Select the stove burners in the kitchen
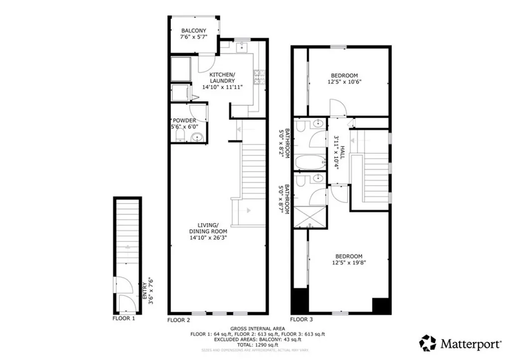(x=259, y=77)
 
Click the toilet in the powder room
(x=179, y=136)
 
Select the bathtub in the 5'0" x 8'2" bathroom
(x=309, y=163)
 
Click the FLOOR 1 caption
(x=124, y=318)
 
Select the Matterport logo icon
(x=427, y=343)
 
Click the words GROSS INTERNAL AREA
(x=257, y=329)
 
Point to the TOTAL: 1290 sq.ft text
(x=257, y=345)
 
